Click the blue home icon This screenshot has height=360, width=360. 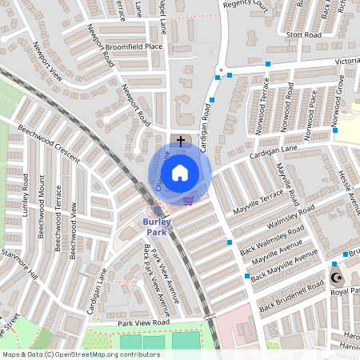(x=180, y=172)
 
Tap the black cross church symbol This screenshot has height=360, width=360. (x=181, y=140)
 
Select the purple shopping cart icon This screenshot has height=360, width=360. (x=188, y=201)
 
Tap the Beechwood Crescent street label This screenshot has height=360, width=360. (x=48, y=144)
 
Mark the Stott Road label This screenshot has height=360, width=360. (x=305, y=35)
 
